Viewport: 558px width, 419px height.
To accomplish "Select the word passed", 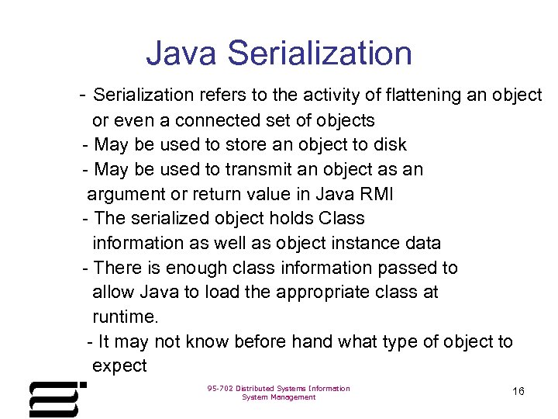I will [x=411, y=268].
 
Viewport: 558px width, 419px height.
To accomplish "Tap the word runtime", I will [x=125, y=317].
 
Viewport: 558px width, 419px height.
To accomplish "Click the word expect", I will [x=119, y=366].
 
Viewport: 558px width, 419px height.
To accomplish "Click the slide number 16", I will [x=518, y=391].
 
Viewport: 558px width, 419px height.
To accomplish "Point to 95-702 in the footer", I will [x=221, y=388].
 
